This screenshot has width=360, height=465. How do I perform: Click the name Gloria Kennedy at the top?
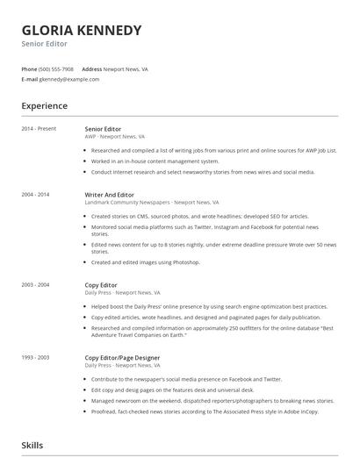pos(82,30)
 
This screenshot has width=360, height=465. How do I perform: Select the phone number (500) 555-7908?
pos(57,68)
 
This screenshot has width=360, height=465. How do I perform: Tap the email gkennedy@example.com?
pos(68,79)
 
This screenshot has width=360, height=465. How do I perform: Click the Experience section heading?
pos(45,106)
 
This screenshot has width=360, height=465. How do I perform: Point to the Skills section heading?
pos(33,446)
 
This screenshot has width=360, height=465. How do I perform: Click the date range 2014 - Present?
pos(39,129)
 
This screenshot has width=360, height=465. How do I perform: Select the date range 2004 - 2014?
pos(36,194)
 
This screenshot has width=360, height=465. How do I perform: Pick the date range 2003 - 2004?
pos(36,284)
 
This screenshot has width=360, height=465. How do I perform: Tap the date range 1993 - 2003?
pos(36,357)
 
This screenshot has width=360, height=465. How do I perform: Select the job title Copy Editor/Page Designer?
pos(122,357)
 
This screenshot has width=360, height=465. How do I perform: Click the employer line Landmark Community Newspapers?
pos(146,202)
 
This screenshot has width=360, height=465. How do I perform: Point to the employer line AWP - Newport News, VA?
pos(115,137)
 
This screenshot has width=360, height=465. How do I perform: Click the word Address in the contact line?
pos(92,68)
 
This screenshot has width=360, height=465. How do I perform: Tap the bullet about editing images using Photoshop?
pos(146,261)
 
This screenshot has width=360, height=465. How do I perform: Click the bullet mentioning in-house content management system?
pos(155,161)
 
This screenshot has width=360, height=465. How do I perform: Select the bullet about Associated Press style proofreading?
pos(205,411)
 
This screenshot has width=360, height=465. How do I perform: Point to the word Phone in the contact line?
pos(29,68)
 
